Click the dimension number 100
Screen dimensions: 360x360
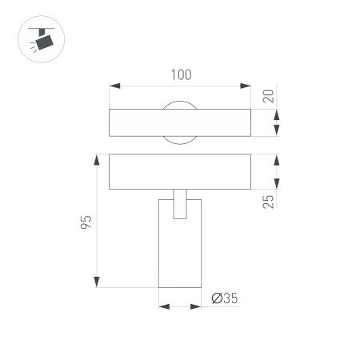click(x=182, y=74)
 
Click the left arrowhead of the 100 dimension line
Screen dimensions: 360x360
click(x=112, y=84)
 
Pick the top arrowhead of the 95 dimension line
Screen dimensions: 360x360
click(x=97, y=158)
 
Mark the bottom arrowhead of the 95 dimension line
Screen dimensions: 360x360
click(x=97, y=283)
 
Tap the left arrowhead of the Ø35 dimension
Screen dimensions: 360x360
click(x=162, y=305)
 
